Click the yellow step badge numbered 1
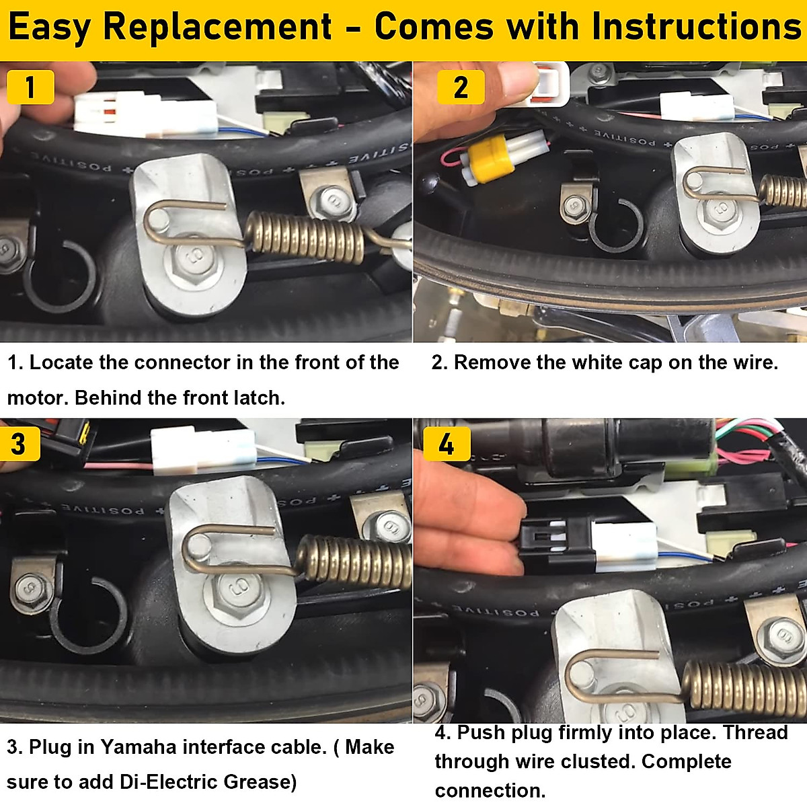pyautogui.click(x=30, y=87)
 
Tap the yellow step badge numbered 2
pyautogui.click(x=461, y=87)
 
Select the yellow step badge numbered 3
pyautogui.click(x=19, y=444)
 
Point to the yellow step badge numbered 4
pyautogui.click(x=447, y=444)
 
